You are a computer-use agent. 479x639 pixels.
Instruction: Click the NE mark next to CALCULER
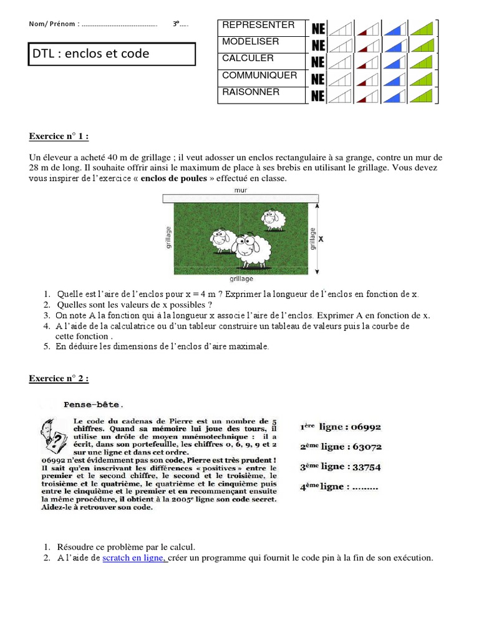tap(317, 62)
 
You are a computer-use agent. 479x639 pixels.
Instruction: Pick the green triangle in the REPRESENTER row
tap(422, 29)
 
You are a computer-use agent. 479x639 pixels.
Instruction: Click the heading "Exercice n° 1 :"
tap(63, 137)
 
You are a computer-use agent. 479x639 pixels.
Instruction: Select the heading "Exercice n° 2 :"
tap(63, 378)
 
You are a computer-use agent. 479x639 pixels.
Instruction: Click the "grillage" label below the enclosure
tap(241, 279)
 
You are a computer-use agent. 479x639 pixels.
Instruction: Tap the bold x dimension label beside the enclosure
tap(321, 238)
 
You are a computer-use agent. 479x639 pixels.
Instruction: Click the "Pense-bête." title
tap(94, 404)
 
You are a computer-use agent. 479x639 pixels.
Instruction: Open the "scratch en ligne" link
tap(134, 558)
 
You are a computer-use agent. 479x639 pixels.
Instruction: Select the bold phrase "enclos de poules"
tap(173, 178)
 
